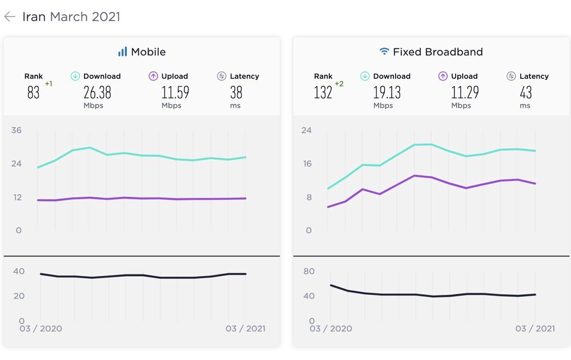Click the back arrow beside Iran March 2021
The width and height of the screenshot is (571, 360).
pos(10,17)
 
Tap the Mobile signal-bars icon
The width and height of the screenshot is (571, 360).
pos(123,51)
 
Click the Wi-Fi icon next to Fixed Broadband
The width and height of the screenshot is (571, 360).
pos(384,51)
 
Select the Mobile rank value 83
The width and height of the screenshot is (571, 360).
pos(33,92)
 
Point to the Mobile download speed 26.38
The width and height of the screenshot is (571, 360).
pos(97,92)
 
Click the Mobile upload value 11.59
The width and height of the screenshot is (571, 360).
pos(175,92)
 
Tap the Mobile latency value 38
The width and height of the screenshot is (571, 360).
pos(236,92)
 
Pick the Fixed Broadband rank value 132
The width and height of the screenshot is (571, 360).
pos(323,92)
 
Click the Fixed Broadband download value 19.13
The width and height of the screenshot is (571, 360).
pos(387,92)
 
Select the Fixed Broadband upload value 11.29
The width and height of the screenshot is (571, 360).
pos(465,92)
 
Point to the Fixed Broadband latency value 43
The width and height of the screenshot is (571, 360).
pos(526,92)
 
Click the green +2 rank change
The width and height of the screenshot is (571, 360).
pos(339,84)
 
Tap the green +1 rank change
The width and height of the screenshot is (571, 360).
pos(49,84)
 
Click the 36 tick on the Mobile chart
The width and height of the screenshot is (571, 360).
pos(17,130)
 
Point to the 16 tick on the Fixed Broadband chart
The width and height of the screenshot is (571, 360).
pos(307,164)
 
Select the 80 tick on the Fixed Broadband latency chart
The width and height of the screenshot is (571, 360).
pos(309,271)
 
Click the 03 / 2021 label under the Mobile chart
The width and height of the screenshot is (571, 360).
pos(246,328)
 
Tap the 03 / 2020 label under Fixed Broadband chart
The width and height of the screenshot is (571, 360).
pos(331,328)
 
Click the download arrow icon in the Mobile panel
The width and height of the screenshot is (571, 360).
pos(75,76)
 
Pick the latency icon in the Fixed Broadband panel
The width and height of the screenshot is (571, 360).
pos(511,76)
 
